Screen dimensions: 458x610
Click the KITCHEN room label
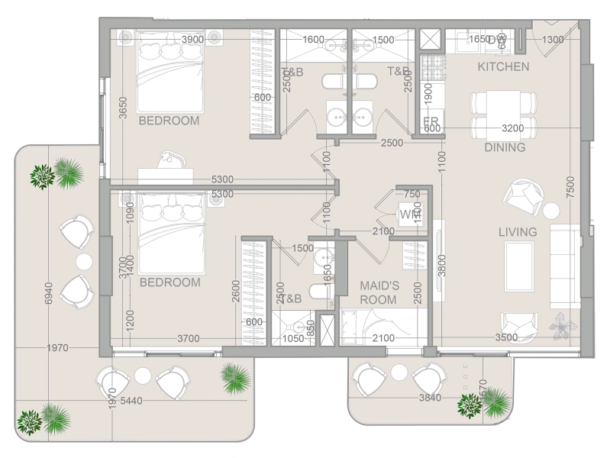(503, 67)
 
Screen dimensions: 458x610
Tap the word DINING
(505, 148)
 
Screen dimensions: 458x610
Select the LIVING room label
(518, 232)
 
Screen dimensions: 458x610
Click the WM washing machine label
(409, 214)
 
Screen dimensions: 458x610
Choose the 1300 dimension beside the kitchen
(553, 40)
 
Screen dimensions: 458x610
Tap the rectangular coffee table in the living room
(519, 265)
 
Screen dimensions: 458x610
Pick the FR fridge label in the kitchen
(431, 121)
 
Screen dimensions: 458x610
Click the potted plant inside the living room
(563, 326)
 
